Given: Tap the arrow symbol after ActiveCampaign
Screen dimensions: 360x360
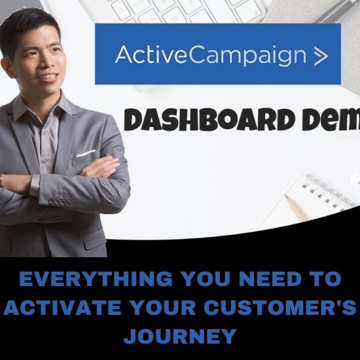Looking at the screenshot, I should pos(321,56).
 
